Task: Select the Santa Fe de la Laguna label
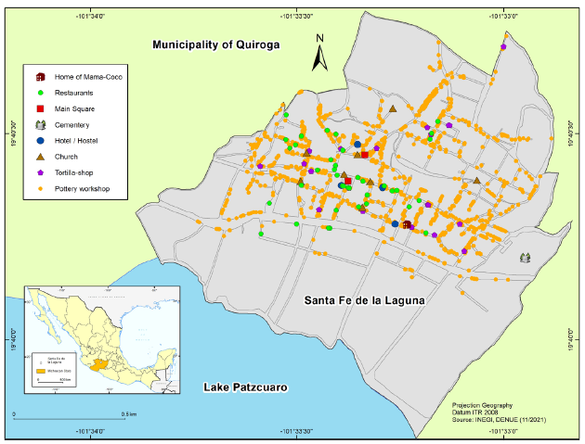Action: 363,299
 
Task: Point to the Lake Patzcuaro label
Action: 242,386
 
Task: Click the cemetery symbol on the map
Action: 526,258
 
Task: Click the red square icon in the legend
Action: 41,109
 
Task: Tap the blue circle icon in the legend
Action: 41,141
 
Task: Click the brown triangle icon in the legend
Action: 41,157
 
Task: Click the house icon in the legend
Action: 41,77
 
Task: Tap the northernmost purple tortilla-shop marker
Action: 502,45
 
